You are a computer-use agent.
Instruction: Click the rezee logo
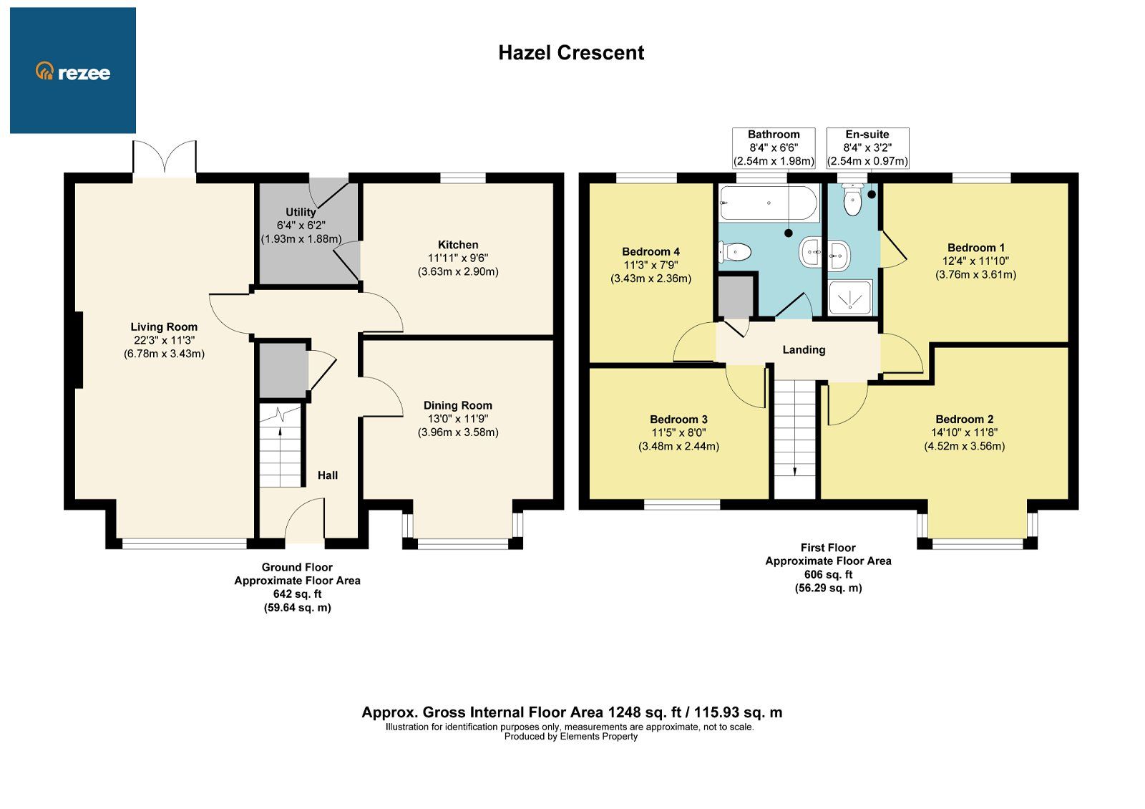[73, 72]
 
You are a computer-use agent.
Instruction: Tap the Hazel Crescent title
[571, 53]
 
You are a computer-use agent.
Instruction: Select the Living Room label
[164, 326]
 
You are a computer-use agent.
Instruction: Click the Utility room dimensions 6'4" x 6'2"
[301, 226]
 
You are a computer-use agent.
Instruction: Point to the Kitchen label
[458, 245]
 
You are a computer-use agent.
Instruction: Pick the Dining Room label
[458, 405]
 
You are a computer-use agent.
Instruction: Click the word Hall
[328, 475]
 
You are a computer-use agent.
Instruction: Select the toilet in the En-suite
[852, 200]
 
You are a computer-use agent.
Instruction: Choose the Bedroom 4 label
[651, 252]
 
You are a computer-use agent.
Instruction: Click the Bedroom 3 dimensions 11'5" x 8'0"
[678, 433]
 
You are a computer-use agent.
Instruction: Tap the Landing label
[804, 350]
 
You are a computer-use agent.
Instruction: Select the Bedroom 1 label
[975, 248]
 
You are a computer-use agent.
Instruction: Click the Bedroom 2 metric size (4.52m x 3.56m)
[964, 446]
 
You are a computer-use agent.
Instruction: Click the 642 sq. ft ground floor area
[297, 594]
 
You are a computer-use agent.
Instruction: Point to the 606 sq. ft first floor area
[828, 575]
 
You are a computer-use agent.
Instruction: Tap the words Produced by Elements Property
[570, 737]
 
